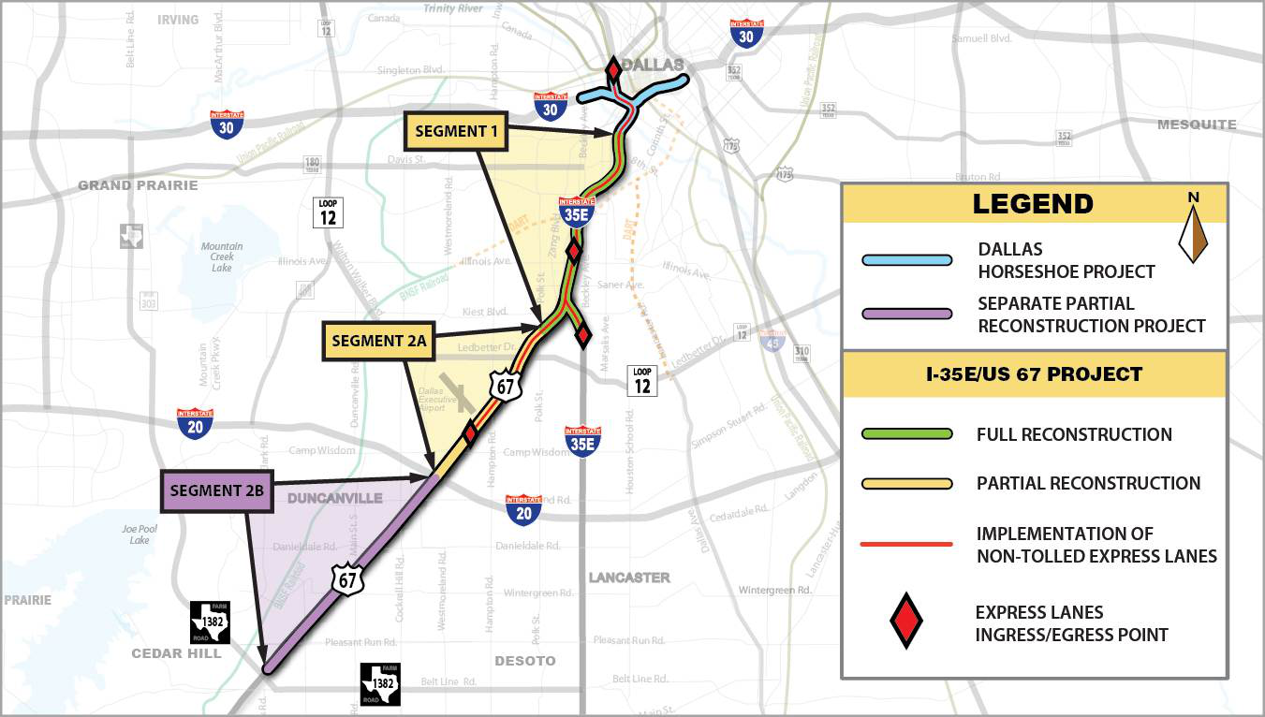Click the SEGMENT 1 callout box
tap(455, 131)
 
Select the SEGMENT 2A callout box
tap(378, 342)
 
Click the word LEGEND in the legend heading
tap(1033, 204)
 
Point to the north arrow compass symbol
tap(1193, 229)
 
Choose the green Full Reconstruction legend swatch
tap(906, 434)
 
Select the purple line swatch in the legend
tap(906, 315)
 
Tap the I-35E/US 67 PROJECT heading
tap(1034, 374)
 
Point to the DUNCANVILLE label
tap(334, 498)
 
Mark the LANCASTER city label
tap(629, 578)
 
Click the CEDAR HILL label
tap(176, 652)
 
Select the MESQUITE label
tap(1197, 124)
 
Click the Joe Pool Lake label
tap(136, 534)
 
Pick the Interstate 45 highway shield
tap(772, 342)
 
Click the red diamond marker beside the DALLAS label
tap(612, 71)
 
